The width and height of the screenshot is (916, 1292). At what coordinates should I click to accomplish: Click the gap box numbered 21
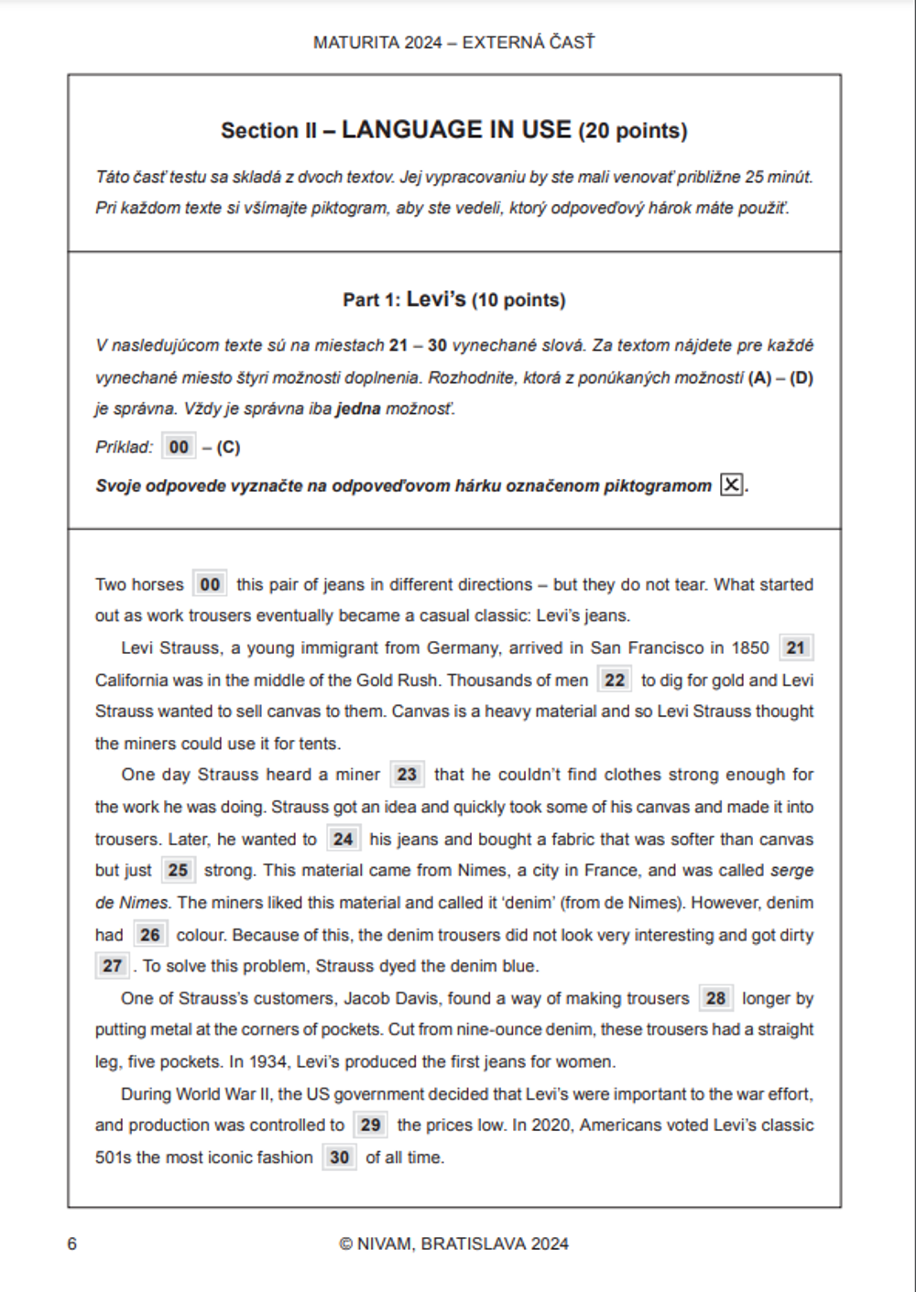click(x=795, y=648)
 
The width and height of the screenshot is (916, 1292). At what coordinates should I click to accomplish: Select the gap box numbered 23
click(x=407, y=775)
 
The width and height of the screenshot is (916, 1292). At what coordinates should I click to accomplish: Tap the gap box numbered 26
click(x=149, y=935)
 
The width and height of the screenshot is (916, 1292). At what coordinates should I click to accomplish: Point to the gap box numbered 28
click(x=715, y=998)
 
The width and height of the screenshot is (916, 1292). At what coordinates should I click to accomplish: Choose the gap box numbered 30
click(x=339, y=1157)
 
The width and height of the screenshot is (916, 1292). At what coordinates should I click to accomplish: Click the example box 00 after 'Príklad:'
click(x=179, y=447)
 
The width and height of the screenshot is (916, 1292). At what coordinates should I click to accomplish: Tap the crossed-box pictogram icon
click(x=731, y=485)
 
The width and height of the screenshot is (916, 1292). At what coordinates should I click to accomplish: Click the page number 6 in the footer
click(x=72, y=1243)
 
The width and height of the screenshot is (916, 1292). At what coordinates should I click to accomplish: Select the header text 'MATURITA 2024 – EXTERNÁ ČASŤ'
click(x=453, y=42)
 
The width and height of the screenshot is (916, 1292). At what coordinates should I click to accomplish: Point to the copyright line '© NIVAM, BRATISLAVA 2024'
click(x=453, y=1243)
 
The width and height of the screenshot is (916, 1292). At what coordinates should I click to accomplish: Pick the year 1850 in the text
click(x=749, y=648)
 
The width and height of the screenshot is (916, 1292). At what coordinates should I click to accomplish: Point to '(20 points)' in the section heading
click(x=632, y=131)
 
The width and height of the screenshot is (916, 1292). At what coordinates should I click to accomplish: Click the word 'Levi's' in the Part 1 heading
click(x=436, y=299)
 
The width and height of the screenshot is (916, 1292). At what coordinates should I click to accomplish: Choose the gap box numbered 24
click(x=343, y=840)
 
